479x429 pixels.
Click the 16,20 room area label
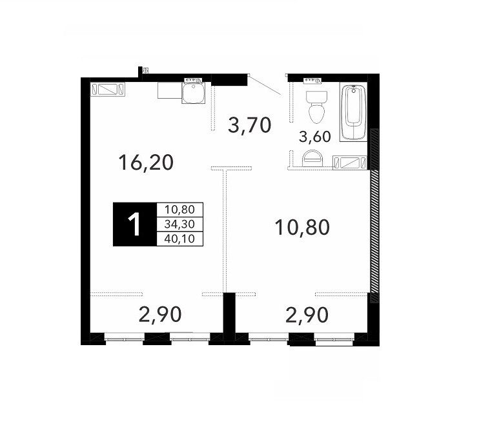(x=146, y=163)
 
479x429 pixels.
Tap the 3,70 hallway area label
(x=250, y=125)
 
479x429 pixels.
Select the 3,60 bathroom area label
(x=314, y=137)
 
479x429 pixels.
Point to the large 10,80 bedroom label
(x=302, y=227)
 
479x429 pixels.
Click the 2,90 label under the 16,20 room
(x=160, y=315)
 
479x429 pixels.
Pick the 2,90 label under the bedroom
(x=307, y=315)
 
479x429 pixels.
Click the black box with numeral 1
(x=135, y=224)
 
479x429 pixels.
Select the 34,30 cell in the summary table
(x=179, y=224)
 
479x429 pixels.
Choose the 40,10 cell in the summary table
(x=179, y=239)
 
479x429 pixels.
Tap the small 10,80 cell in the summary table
(x=179, y=210)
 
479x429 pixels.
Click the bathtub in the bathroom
(x=353, y=114)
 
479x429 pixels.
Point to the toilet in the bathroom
(x=316, y=106)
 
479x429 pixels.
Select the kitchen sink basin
(x=194, y=93)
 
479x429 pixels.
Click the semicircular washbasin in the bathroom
(x=312, y=158)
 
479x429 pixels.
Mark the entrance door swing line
(x=265, y=86)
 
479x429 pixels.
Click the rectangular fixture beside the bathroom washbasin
(x=350, y=162)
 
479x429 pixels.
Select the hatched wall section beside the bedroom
(x=374, y=215)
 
